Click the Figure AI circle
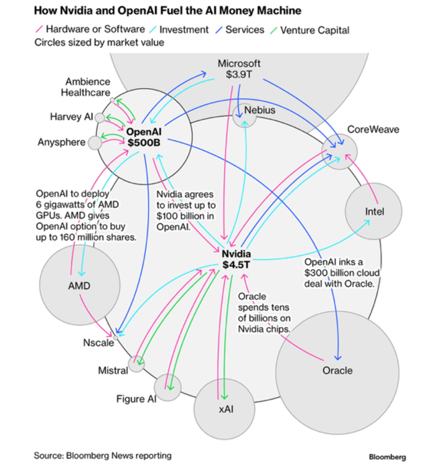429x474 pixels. point(166,388)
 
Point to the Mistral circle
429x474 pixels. point(137,364)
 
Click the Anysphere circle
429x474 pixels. point(95,142)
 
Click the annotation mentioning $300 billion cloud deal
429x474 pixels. point(342,273)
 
